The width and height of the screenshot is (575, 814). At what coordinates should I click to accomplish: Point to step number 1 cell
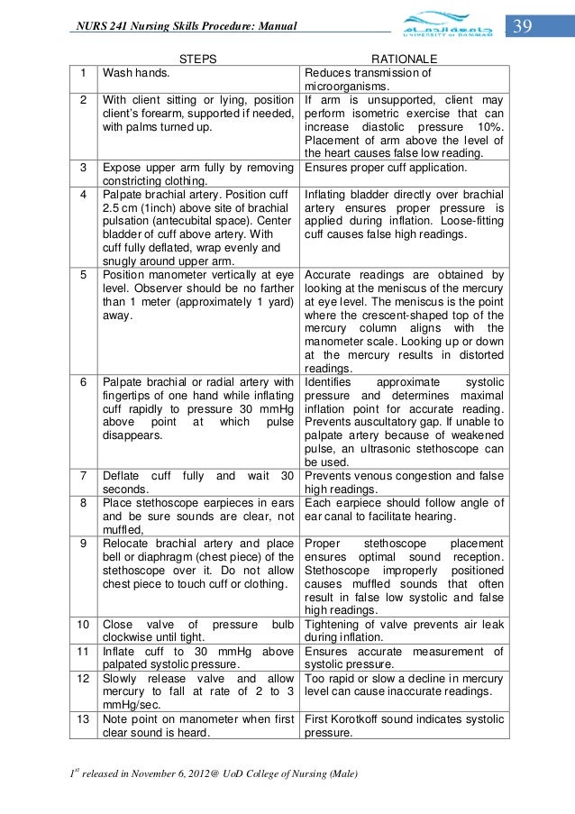click(x=82, y=73)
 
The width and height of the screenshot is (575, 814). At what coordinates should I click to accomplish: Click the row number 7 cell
click(x=82, y=475)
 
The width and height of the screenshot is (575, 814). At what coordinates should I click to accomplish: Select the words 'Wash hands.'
click(x=132, y=73)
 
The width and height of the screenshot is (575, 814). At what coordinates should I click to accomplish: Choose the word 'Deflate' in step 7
click(x=122, y=475)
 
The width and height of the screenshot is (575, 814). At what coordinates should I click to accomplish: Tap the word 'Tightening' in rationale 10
click(x=335, y=623)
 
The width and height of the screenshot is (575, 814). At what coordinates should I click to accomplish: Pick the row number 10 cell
click(x=82, y=623)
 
